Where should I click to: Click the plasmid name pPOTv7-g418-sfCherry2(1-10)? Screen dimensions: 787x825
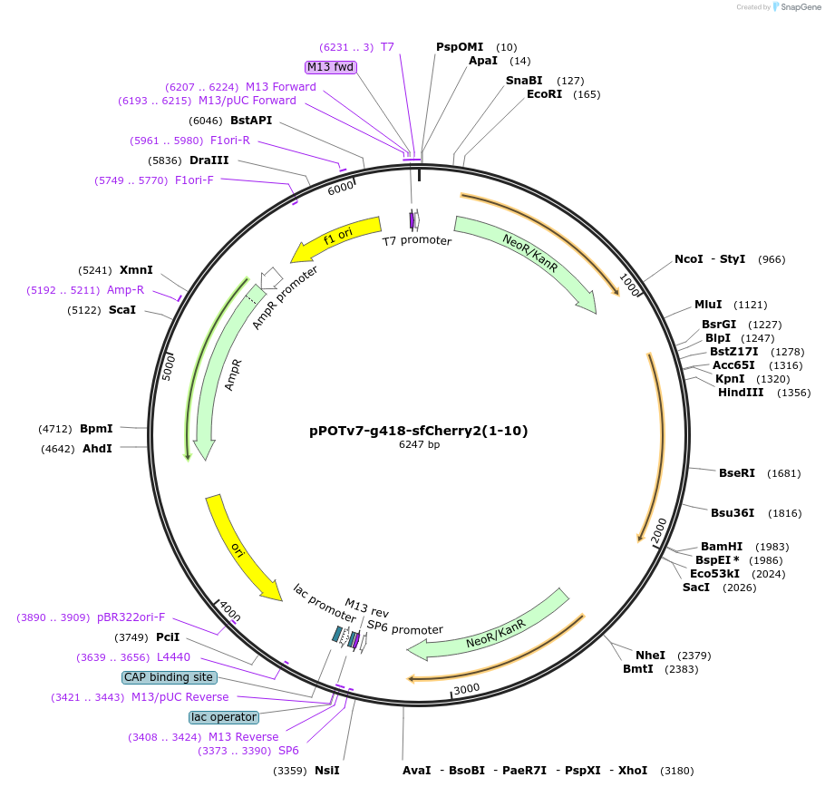418,431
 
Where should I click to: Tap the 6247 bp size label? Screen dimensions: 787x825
419,444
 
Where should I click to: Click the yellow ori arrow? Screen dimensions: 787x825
241,549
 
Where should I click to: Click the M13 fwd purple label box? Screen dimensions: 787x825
331,67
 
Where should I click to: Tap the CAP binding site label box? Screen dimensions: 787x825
169,677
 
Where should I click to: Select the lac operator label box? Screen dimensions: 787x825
224,717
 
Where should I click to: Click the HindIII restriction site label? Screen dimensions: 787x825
741,393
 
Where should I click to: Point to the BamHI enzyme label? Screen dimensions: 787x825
722,547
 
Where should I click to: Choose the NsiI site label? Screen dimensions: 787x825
326,771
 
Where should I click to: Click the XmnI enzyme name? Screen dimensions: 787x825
136,270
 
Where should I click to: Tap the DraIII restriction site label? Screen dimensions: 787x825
209,160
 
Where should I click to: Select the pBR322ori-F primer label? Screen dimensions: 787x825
131,617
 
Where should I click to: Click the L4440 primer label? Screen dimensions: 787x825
174,656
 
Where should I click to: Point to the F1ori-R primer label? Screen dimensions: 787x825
229,141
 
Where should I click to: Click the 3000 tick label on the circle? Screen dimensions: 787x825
466,689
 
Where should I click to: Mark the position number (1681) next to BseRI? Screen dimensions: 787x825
783,473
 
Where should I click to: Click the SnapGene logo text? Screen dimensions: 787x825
797,7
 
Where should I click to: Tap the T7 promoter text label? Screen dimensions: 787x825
416,241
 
